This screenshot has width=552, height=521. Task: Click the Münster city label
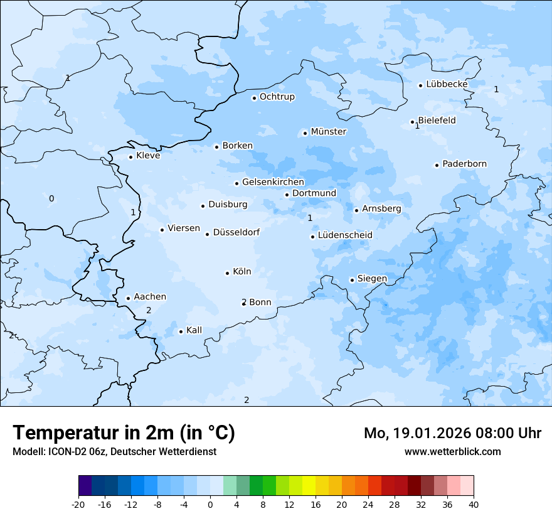click(328, 132)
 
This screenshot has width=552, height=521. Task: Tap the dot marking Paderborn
click(437, 165)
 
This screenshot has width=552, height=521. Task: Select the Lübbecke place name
click(447, 84)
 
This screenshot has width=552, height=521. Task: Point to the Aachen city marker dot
click(128, 299)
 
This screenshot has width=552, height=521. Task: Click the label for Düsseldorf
click(236, 232)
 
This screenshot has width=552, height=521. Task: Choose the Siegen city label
click(372, 279)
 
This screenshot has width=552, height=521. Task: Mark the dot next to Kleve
click(130, 157)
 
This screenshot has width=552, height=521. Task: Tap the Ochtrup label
click(277, 97)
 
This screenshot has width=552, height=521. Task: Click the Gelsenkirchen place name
click(273, 182)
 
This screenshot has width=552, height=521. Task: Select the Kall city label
click(194, 330)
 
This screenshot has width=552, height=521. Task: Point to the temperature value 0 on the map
click(51, 199)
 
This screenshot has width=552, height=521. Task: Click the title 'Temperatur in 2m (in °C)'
click(124, 433)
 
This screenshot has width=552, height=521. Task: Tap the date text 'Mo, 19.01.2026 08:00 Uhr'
click(452, 433)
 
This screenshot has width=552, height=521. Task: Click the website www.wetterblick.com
click(452, 451)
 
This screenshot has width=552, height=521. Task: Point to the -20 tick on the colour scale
click(78, 504)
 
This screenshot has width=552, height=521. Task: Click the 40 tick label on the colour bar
click(473, 504)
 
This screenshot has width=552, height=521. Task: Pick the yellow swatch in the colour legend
click(309, 486)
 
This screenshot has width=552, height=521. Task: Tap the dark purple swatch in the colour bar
click(85, 486)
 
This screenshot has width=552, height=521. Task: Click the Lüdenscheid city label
click(345, 235)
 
